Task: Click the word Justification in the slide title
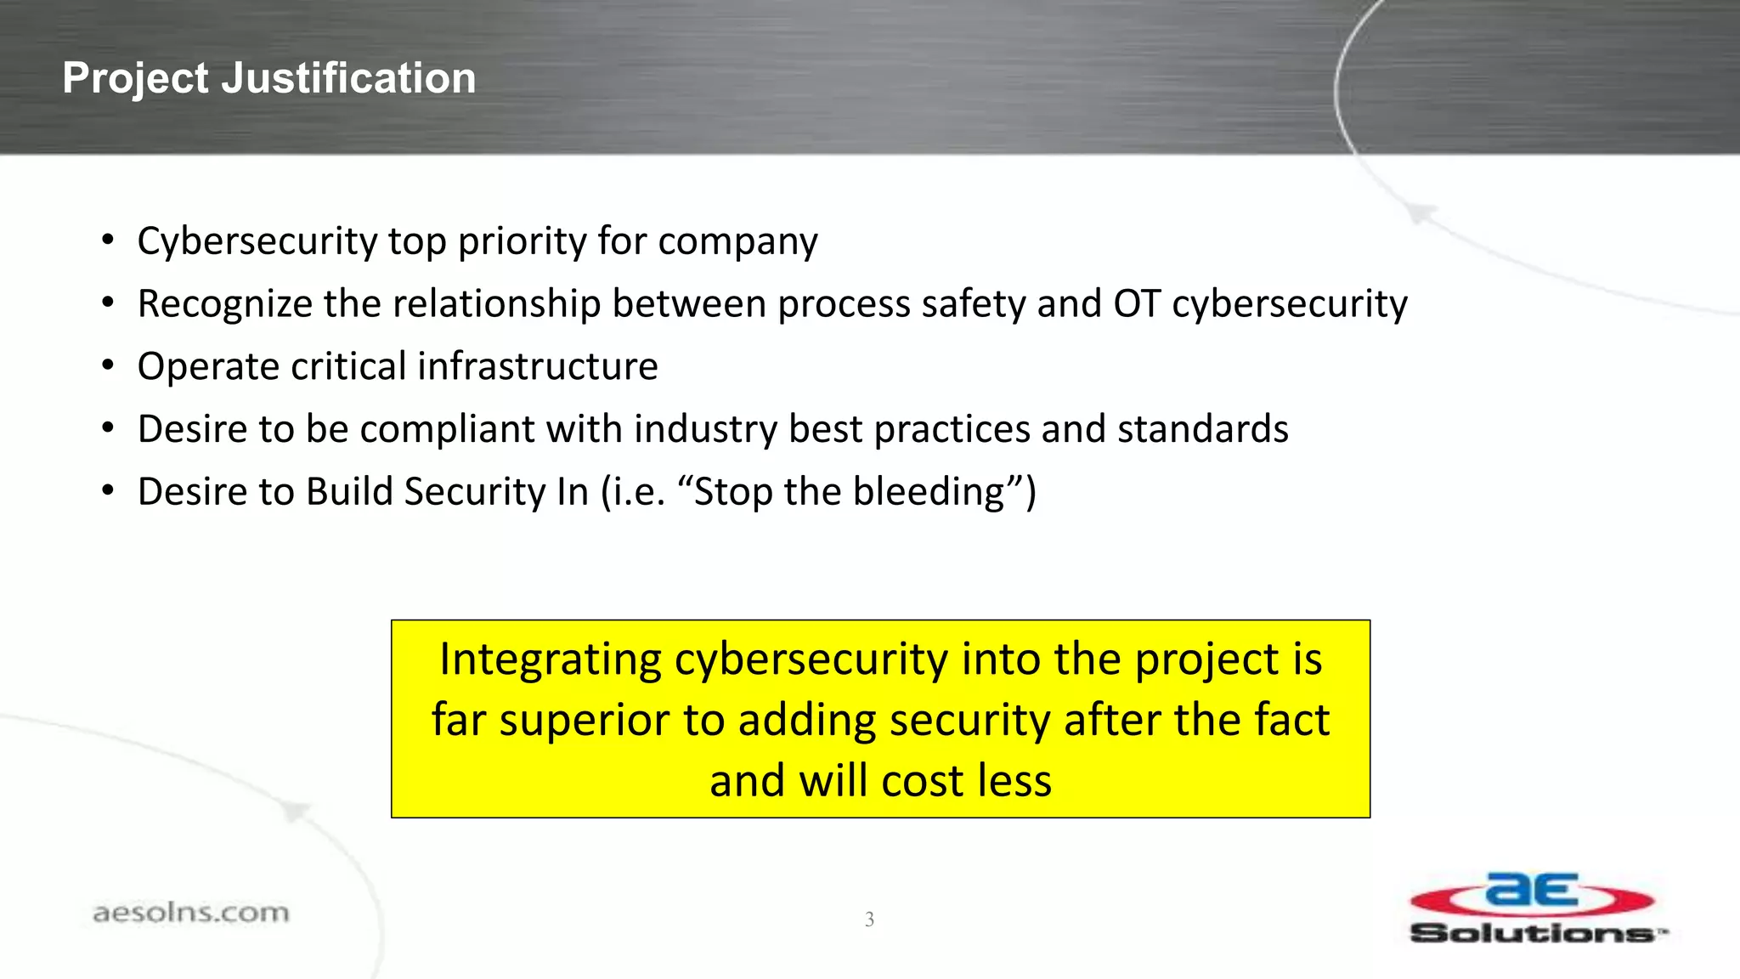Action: (x=348, y=78)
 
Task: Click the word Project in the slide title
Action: (x=135, y=78)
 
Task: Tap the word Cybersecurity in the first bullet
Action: (x=257, y=241)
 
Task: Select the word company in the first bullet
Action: (x=737, y=241)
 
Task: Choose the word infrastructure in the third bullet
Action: (x=537, y=366)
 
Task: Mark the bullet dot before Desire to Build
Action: (x=107, y=491)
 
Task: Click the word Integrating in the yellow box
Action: (x=550, y=659)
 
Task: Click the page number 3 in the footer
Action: (x=869, y=919)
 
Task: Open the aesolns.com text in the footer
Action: (x=190, y=913)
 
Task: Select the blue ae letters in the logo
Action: (x=1532, y=891)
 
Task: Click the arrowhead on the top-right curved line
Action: (x=1421, y=212)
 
